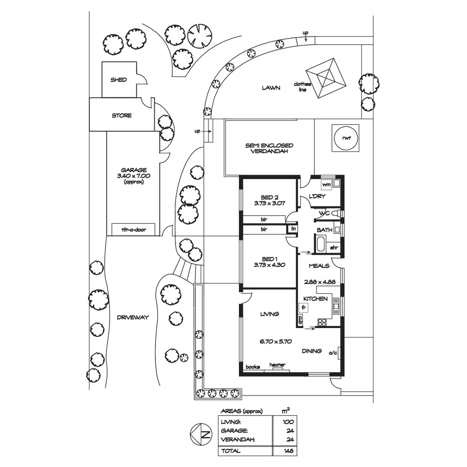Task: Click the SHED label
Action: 118,80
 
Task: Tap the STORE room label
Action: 122,116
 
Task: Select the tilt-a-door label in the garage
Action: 133,230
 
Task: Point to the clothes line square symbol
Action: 326,78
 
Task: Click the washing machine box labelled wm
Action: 326,184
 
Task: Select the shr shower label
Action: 334,248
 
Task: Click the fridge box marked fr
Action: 304,307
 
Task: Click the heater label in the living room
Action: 277,365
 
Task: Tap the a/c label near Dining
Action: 333,353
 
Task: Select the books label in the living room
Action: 253,367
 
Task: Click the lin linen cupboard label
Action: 293,229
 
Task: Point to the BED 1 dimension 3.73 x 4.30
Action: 270,265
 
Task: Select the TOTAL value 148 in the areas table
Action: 289,451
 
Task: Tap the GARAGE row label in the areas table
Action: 234,431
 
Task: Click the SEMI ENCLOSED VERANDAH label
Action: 269,148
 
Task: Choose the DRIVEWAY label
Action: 133,317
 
